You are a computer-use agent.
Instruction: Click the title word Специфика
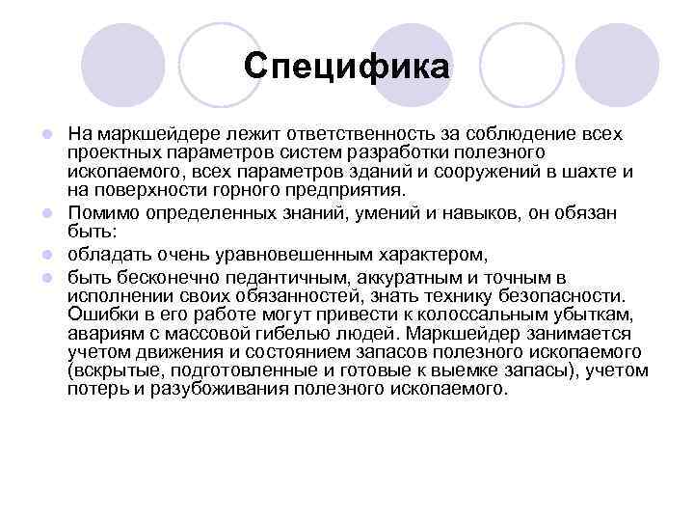point(346,66)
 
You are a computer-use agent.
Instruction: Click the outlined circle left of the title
point(220,65)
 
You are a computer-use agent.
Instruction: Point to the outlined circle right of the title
point(520,65)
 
